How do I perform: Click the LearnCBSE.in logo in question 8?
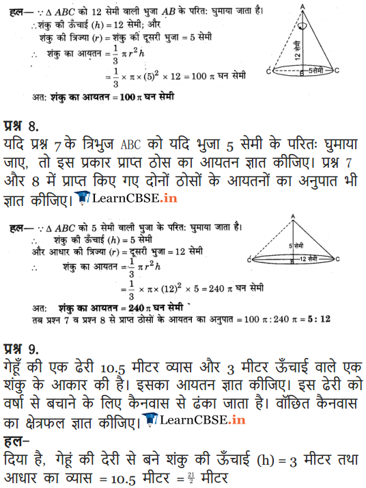(x=116, y=198)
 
